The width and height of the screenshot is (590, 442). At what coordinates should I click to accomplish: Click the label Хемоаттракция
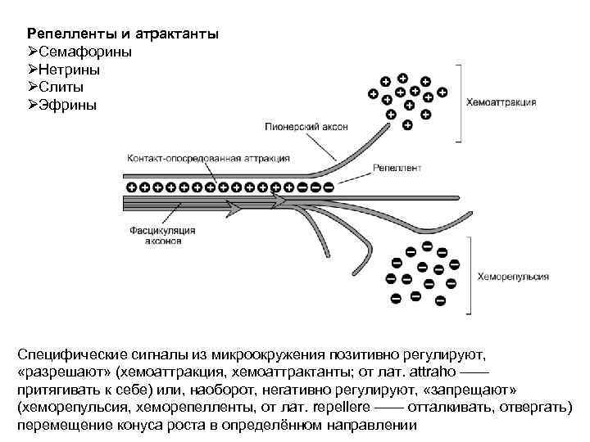[501, 103]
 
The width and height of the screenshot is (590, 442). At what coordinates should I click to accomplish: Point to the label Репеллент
[397, 169]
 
